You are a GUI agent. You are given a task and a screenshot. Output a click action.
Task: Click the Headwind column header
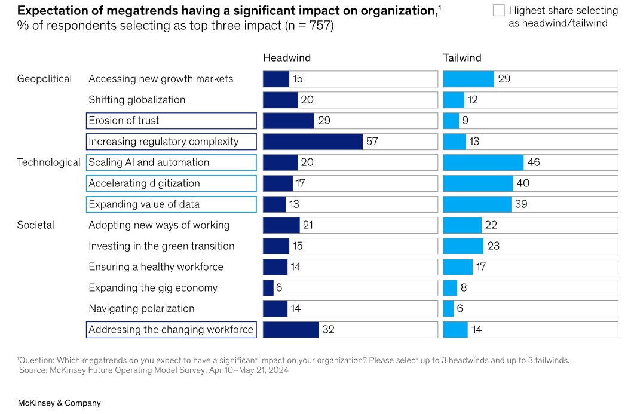[287, 58]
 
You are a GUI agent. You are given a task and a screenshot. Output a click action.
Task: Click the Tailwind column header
[462, 58]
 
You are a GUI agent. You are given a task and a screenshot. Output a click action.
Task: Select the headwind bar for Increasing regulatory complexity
[313, 142]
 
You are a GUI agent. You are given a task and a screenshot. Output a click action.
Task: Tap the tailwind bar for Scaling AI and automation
[483, 162]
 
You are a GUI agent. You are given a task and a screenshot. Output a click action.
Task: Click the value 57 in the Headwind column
[372, 142]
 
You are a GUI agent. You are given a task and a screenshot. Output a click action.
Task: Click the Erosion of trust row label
[124, 121]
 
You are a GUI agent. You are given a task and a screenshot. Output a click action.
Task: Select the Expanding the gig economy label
[153, 288]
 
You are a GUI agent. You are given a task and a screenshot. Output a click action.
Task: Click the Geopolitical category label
[44, 79]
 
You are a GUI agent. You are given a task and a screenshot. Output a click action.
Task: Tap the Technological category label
[48, 162]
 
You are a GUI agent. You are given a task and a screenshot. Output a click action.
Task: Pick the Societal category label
[35, 225]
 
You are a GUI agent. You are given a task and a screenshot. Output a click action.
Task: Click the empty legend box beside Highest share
[498, 10]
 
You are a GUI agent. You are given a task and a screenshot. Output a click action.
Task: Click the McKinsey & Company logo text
[59, 403]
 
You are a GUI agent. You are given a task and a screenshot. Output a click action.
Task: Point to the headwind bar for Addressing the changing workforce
[290, 330]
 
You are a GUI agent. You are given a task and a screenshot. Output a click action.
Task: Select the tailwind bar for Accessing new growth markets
[468, 79]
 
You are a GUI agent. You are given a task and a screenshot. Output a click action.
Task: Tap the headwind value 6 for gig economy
[278, 288]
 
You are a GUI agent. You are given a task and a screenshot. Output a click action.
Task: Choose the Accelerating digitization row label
[144, 183]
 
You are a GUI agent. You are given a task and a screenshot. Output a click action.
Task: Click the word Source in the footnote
[33, 370]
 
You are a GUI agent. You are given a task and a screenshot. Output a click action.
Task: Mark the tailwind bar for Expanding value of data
[477, 204]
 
